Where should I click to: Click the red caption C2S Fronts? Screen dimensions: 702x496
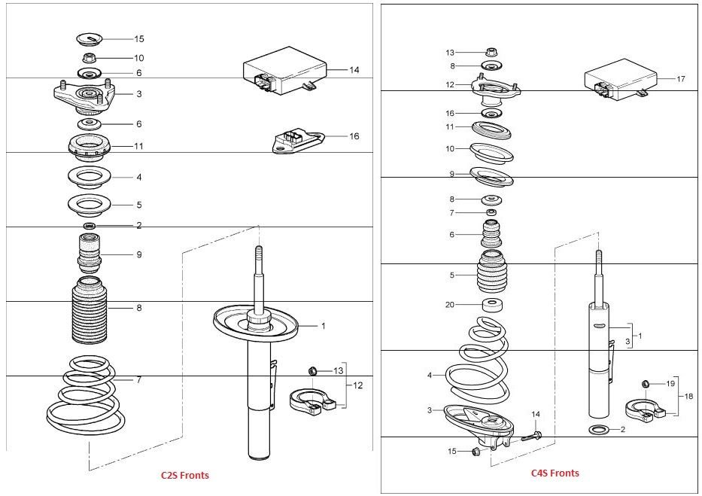pyautogui.click(x=185, y=475)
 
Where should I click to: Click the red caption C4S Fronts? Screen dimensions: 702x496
pyautogui.click(x=555, y=473)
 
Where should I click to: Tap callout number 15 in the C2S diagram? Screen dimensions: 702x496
pyautogui.click(x=139, y=39)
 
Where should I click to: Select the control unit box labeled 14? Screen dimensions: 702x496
pyautogui.click(x=284, y=72)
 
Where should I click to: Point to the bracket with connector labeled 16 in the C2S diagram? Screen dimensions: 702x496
pyautogui.click(x=298, y=142)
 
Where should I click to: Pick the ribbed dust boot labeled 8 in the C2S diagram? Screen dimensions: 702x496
pyautogui.click(x=90, y=311)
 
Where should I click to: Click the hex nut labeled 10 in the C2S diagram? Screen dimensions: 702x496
pyautogui.click(x=89, y=58)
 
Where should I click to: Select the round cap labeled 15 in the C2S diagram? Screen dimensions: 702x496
pyautogui.click(x=90, y=39)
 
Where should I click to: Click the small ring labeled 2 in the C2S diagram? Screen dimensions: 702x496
pyautogui.click(x=90, y=225)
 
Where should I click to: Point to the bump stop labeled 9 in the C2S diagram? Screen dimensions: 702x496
pyautogui.click(x=90, y=254)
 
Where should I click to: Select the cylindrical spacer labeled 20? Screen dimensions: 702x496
pyautogui.click(x=492, y=306)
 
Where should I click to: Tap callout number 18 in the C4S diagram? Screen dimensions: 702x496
pyautogui.click(x=688, y=396)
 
